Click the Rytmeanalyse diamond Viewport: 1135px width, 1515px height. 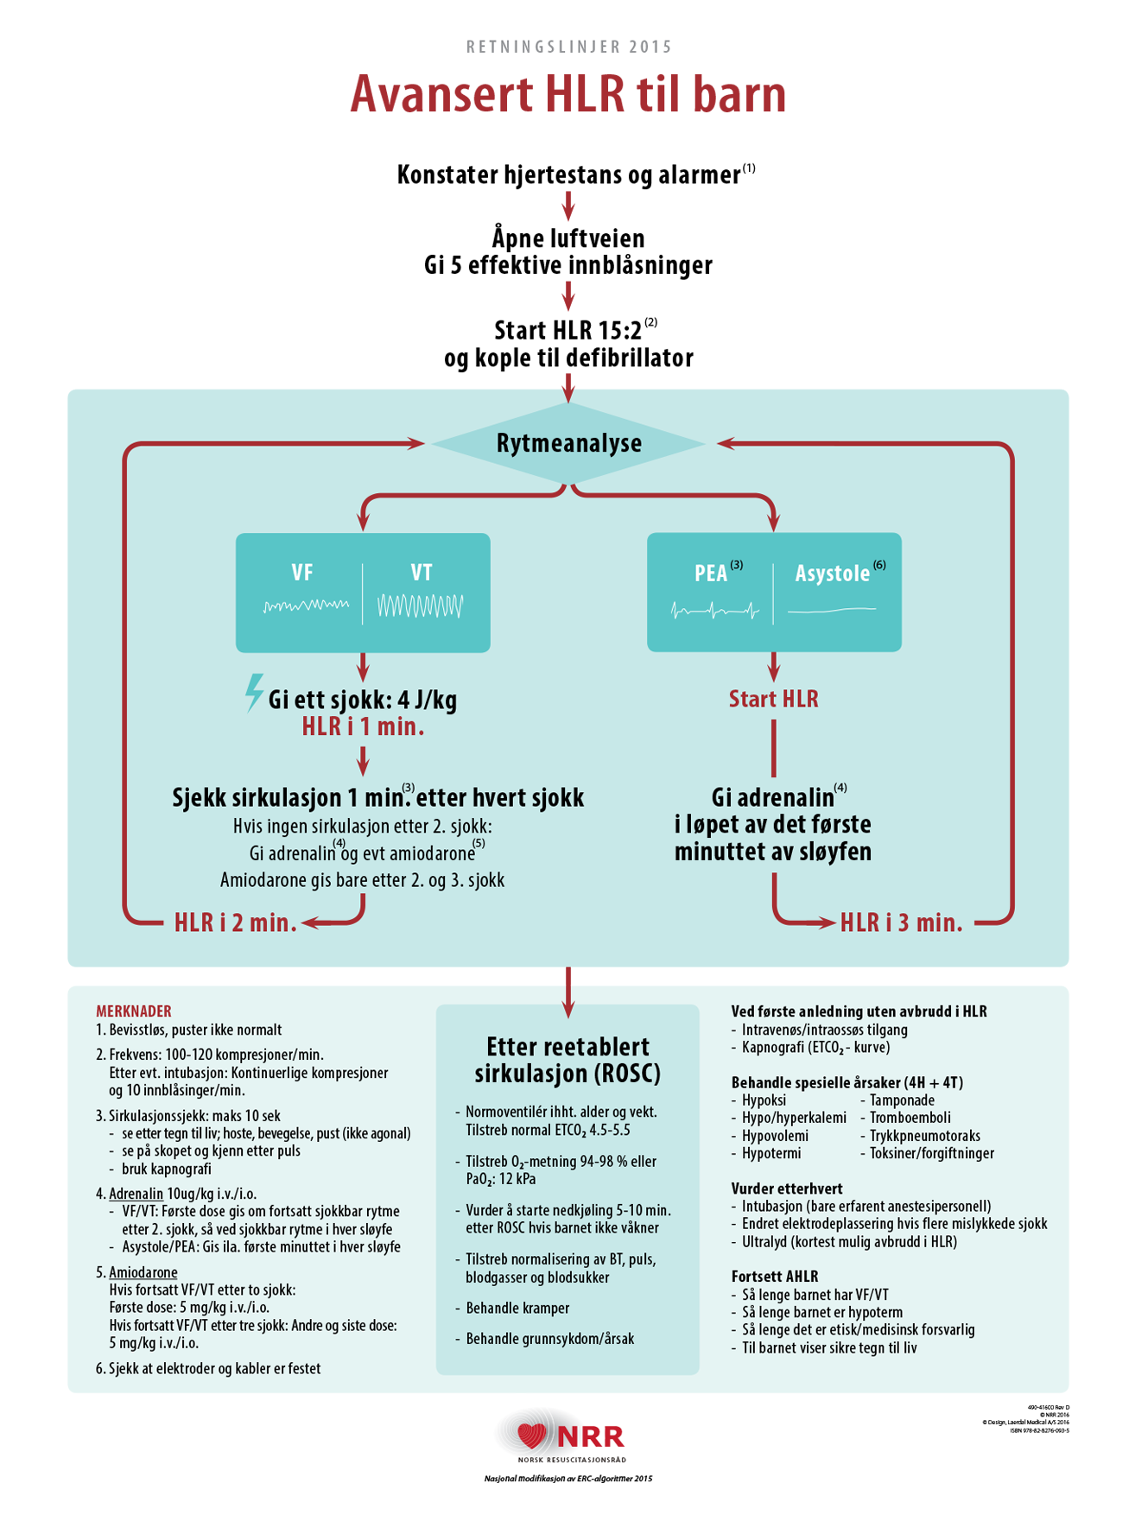click(568, 443)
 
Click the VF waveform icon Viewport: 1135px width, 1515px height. click(306, 605)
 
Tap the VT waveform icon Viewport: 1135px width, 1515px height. click(420, 606)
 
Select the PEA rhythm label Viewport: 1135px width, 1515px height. click(711, 574)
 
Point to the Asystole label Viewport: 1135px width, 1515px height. click(832, 574)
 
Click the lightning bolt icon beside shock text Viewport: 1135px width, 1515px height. click(253, 693)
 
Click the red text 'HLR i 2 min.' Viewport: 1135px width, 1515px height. click(235, 922)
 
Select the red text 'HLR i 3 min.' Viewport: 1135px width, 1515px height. click(901, 922)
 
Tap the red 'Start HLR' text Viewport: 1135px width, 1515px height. click(773, 699)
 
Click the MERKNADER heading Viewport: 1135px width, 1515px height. click(133, 1011)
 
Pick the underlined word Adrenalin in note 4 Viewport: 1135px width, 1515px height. click(136, 1194)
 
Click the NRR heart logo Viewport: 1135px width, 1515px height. click(532, 1435)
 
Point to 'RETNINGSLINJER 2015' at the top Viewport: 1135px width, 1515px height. click(568, 47)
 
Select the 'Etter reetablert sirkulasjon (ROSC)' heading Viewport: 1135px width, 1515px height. click(567, 1060)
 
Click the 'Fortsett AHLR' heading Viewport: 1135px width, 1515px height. click(774, 1276)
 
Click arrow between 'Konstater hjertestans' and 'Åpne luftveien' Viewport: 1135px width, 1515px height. click(568, 206)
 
